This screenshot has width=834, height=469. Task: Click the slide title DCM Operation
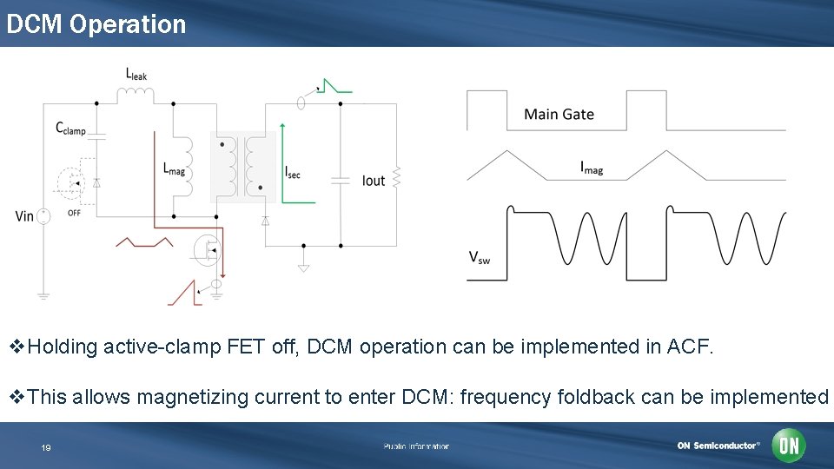96,23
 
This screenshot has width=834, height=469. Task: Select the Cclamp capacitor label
71,129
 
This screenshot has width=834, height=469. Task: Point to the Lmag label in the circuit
174,168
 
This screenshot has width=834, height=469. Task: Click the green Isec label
293,172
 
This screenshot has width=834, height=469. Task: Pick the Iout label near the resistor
374,181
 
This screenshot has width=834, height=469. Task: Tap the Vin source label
24,215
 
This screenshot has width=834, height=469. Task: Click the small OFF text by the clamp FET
74,213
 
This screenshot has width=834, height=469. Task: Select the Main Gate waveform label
559,114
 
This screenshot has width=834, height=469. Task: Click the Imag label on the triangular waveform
592,168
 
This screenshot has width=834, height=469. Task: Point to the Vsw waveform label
480,256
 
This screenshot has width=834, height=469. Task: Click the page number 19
46,447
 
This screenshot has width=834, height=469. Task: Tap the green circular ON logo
789,446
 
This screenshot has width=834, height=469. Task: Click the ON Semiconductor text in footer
718,446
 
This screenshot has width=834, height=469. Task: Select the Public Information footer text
416,446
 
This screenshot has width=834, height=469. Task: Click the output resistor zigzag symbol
396,177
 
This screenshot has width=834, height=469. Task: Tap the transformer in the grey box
243,167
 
